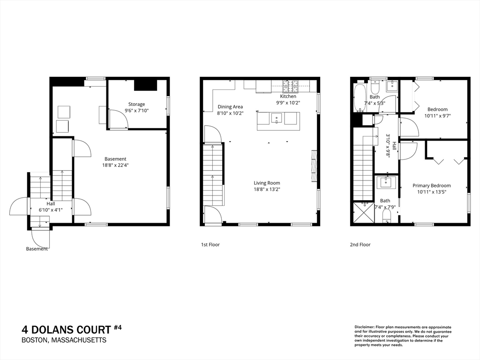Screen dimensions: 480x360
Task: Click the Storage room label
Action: click(136, 105)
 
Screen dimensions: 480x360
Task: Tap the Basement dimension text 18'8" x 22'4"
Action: click(115, 165)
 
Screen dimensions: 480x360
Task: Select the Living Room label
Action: click(267, 183)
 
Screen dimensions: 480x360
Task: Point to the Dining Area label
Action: click(230, 107)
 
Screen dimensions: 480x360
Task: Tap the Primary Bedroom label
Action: click(432, 186)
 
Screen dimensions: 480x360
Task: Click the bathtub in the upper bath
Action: click(360, 97)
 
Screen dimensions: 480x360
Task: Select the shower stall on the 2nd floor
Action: click(364, 212)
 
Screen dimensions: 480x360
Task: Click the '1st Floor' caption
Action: click(210, 245)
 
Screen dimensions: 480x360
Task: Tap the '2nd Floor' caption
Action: click(360, 245)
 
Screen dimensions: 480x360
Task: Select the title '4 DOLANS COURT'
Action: click(67, 330)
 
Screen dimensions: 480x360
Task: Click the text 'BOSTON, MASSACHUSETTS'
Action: click(64, 340)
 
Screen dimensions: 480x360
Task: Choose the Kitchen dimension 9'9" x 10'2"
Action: click(288, 103)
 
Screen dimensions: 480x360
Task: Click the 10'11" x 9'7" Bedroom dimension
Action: click(438, 116)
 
